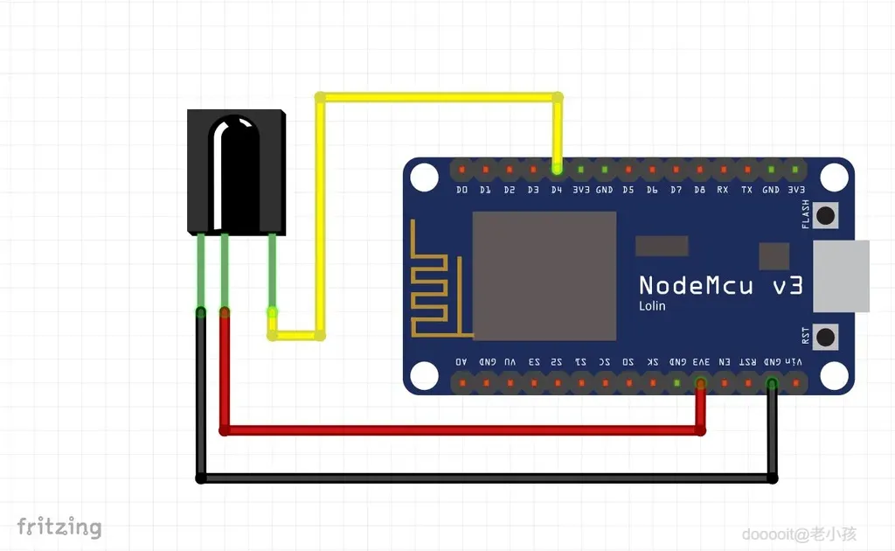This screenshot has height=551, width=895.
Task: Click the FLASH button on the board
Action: tap(824, 214)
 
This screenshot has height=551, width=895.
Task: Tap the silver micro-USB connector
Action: tap(841, 275)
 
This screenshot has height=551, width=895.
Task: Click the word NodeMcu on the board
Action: tap(696, 285)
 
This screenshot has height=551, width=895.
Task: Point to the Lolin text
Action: tap(652, 306)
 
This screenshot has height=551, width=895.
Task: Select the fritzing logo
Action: tap(59, 527)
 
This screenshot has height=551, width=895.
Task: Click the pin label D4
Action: tap(557, 190)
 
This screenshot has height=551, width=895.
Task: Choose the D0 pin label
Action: tap(462, 190)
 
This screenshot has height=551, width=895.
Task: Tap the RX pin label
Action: tap(723, 190)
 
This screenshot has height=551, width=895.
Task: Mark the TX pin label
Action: tap(746, 190)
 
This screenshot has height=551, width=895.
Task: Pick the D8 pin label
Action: tap(699, 190)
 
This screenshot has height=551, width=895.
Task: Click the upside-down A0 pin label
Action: tap(462, 361)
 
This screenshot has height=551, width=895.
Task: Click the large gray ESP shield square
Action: tap(545, 275)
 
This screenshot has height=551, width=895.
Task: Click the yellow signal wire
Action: tap(437, 97)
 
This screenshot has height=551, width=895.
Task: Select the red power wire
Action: tap(463, 429)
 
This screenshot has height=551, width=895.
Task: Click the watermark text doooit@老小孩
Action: tap(799, 534)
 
